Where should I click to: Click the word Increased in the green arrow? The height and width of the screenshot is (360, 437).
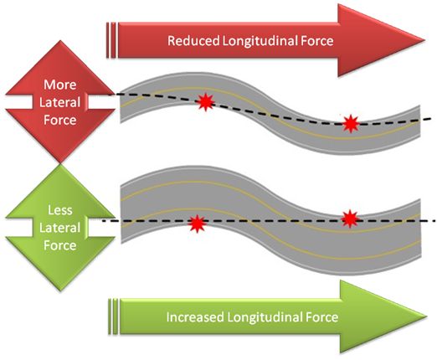pos(196,317)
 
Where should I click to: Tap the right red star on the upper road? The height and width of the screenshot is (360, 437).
pos(352,125)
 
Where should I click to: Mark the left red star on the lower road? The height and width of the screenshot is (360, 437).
pos(197,224)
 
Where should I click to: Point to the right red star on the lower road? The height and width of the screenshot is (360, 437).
pos(351,219)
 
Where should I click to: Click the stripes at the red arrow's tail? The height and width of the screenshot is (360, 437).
pos(111,39)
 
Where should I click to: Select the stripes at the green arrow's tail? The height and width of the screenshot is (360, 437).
pos(113,317)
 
